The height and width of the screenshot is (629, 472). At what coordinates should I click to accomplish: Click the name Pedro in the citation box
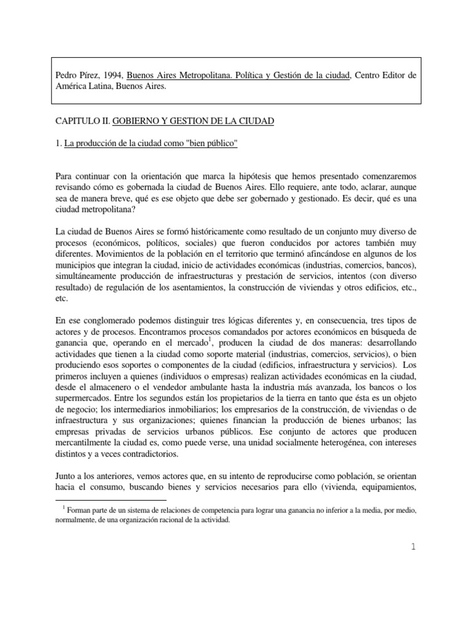coord(66,76)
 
